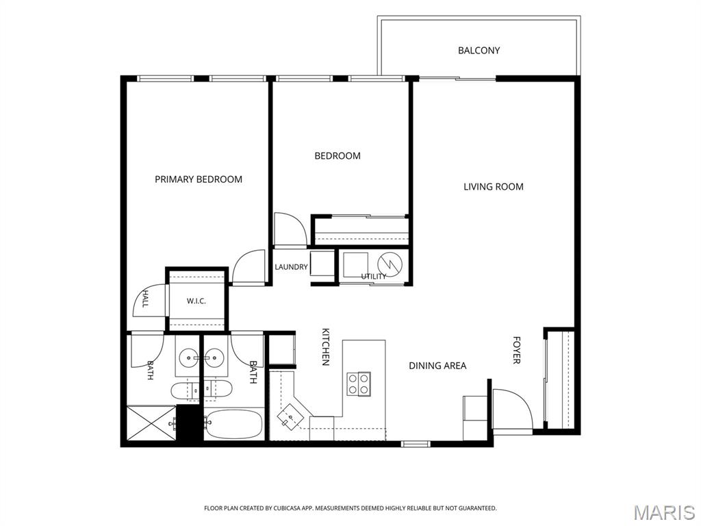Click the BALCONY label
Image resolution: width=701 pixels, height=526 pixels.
[479, 51]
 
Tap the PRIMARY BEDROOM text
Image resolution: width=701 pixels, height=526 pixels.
[199, 179]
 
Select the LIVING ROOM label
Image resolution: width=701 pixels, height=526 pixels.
[493, 186]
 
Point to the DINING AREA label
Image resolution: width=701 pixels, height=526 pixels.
[437, 366]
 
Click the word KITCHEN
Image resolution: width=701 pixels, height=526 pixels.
[326, 347]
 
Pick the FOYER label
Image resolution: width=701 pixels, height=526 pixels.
[516, 350]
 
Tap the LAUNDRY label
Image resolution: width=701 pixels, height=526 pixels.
[291, 267]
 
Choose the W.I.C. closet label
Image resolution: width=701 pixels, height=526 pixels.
[196, 301]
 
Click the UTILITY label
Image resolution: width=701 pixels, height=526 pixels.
[374, 277]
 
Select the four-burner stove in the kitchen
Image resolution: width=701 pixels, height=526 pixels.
[359, 384]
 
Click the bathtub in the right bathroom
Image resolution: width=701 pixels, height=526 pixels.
[233, 425]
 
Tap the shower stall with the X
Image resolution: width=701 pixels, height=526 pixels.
[152, 423]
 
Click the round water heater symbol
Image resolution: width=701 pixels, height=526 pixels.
[390, 264]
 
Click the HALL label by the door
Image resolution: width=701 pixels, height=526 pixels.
[145, 299]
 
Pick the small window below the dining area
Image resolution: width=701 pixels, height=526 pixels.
[416, 444]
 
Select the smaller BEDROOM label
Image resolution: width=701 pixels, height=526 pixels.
[337, 155]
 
